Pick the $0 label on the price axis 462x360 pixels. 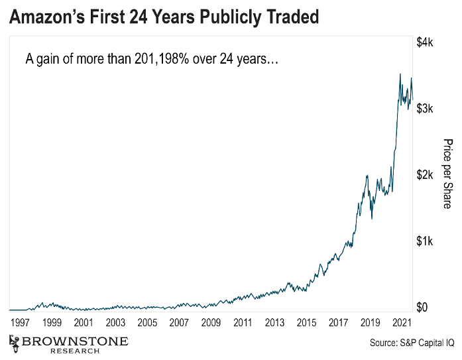point(422,308)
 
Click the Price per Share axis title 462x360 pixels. point(447,174)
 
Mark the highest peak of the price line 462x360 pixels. point(400,74)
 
